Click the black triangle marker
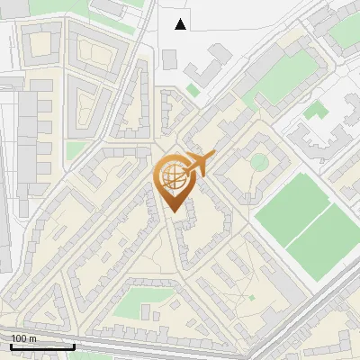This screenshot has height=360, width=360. click(x=181, y=23)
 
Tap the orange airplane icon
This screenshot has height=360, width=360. click(x=199, y=165)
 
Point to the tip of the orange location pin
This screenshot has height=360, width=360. click(x=173, y=212)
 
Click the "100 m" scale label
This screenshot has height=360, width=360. click(x=23, y=337)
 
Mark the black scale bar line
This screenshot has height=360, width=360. click(x=41, y=346)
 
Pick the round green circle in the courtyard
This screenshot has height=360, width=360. click(x=258, y=162)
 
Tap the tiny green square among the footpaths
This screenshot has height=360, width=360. click(x=252, y=297)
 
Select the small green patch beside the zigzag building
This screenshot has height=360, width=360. click(x=193, y=90)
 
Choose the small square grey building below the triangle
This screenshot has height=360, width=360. click(x=169, y=58)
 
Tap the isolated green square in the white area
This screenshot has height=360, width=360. click(x=314, y=112)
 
